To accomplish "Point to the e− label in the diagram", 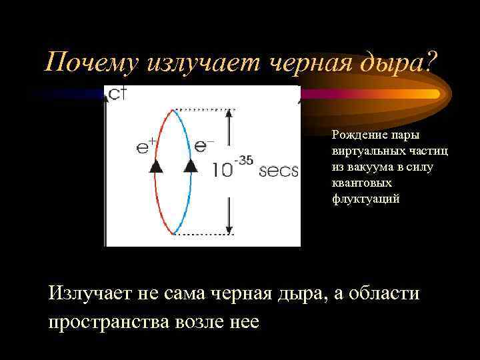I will click(x=203, y=146).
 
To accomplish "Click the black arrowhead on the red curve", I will click(x=155, y=167).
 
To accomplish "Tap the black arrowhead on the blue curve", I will click(x=191, y=166).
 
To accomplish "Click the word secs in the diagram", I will click(x=278, y=171).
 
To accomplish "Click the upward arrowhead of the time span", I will click(x=229, y=115).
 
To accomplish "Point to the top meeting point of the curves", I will click(x=173, y=109).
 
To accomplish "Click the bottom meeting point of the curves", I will click(x=173, y=233).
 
